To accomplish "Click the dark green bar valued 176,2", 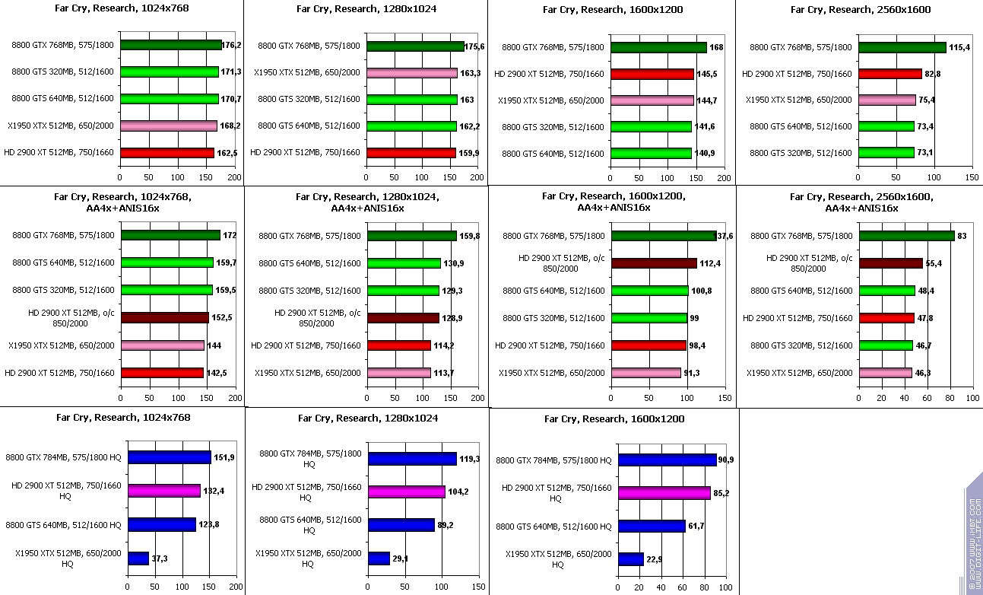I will [170, 45].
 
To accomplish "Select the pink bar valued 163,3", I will [411, 73].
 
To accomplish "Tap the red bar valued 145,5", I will [652, 74].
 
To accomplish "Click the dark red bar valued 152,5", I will [163, 318].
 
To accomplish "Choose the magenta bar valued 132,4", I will [163, 491].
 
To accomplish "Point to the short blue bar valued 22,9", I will [630, 559].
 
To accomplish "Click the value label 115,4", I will [960, 47].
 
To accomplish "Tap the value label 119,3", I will [469, 459].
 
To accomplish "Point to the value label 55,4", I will [935, 263].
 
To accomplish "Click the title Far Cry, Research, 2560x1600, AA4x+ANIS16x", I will [861, 202].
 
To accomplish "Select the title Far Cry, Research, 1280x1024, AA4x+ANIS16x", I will [367, 202].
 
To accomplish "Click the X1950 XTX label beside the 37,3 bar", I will [67, 558].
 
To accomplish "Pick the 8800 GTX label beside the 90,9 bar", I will [553, 460].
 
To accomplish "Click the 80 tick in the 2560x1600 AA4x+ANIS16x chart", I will [949, 398].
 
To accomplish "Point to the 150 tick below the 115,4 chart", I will [972, 177].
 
